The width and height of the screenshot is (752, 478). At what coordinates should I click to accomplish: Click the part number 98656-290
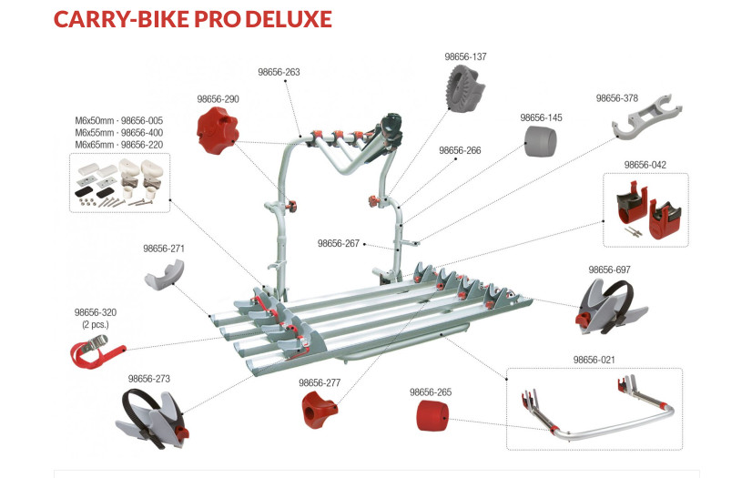tap(218, 98)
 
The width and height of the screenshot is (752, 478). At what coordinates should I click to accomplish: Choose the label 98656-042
tap(645, 165)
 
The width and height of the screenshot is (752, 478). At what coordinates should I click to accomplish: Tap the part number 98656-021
tap(594, 360)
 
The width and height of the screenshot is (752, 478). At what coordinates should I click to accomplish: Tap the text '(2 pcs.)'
tap(96, 325)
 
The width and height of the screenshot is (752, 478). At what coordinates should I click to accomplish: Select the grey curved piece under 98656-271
tap(165, 272)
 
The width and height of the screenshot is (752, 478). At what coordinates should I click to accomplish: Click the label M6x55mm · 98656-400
tap(119, 132)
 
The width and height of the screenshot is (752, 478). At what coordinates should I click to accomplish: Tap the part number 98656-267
tap(339, 243)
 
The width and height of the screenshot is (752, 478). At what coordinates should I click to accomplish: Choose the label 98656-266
tap(460, 150)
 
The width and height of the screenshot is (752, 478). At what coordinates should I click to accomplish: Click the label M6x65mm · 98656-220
tap(119, 144)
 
